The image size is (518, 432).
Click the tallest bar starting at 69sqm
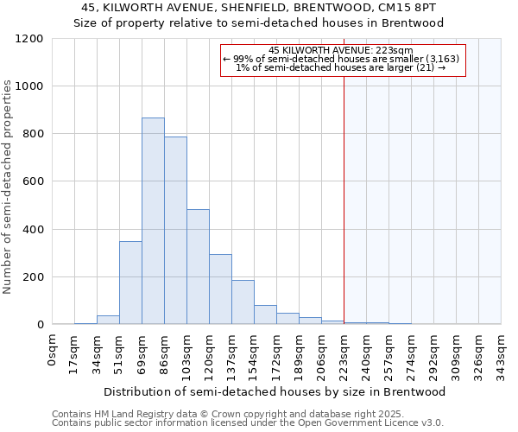(153, 221)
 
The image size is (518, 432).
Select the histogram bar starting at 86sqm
(175, 231)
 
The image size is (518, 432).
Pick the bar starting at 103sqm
(198, 267)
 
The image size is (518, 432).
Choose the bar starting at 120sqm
(220, 289)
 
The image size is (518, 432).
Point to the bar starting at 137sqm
(243, 302)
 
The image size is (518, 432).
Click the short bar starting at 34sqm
(108, 320)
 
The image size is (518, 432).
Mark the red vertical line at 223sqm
(344, 199)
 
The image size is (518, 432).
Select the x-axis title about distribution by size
(276, 391)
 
